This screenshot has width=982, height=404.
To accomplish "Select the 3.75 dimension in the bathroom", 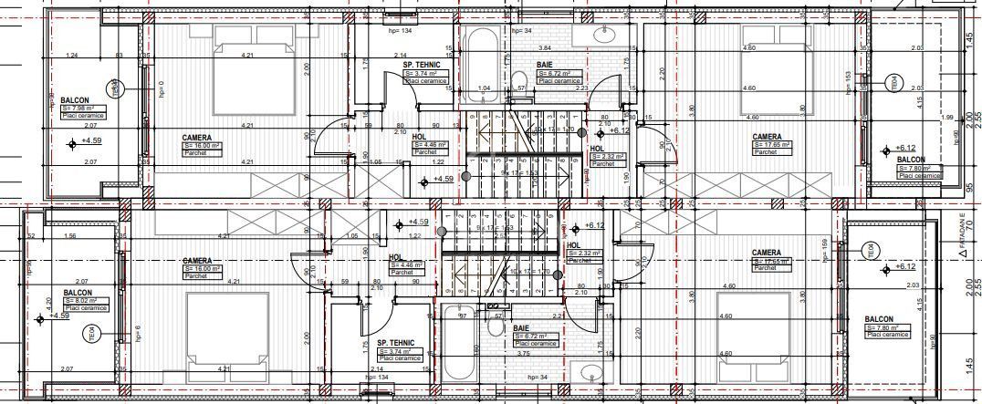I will tap(523, 354).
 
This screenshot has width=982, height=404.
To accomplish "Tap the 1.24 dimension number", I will tap(71, 56).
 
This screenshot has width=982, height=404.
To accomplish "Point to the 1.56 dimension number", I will tap(70, 236).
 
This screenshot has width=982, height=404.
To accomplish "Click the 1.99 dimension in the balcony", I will tap(946, 117).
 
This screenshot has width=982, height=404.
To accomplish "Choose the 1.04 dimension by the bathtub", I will tap(485, 88).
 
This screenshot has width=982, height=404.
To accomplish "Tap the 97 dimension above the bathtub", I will tap(463, 316).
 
